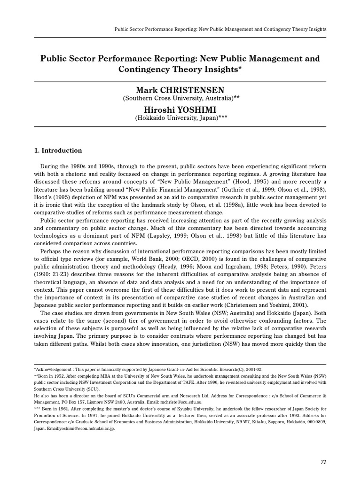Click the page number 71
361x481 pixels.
click(x=323, y=462)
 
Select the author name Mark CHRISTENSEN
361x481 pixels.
click(x=180, y=90)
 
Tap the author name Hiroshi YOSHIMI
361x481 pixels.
click(x=180, y=109)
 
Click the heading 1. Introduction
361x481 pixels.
click(x=58, y=151)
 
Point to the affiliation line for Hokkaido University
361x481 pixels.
click(x=180, y=119)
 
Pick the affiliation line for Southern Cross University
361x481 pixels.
click(x=180, y=99)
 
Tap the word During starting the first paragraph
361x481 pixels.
click(x=50, y=167)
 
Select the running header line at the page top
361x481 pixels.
click(x=220, y=29)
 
